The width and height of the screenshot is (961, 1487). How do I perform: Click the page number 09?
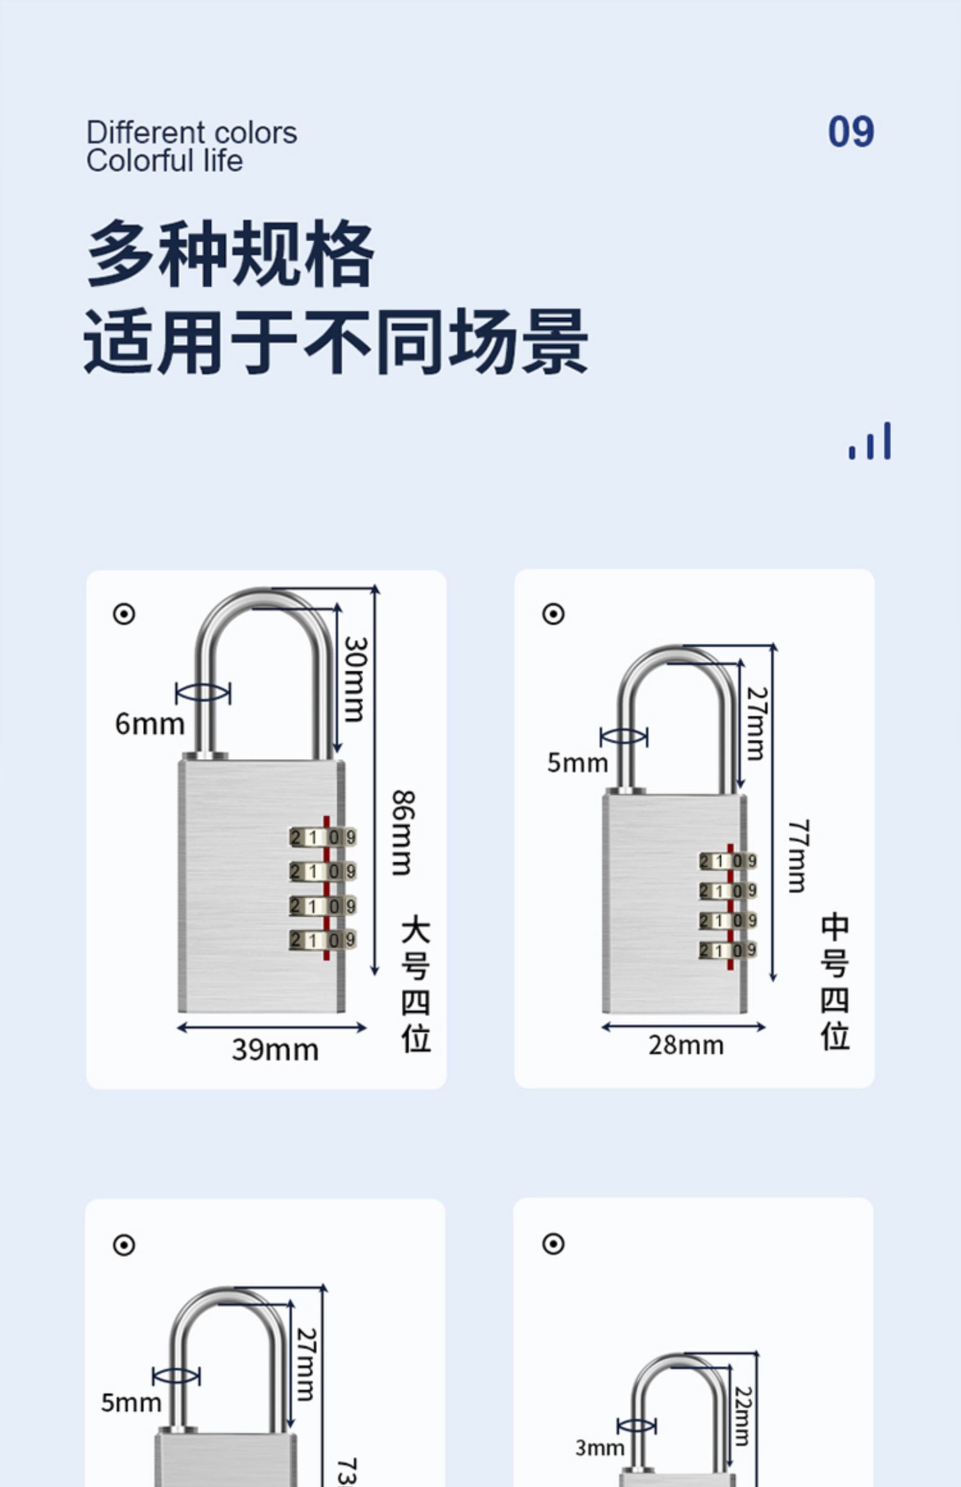(850, 132)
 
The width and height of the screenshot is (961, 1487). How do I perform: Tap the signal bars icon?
(869, 441)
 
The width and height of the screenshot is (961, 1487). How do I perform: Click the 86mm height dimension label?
(403, 833)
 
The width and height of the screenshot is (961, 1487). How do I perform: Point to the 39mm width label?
(275, 1050)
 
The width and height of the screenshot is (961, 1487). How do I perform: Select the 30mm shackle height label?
(356, 679)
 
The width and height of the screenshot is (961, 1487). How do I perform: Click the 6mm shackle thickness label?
(149, 724)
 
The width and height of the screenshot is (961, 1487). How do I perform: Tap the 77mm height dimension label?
(798, 856)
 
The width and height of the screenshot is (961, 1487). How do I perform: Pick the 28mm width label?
(686, 1045)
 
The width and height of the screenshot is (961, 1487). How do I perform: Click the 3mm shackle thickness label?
(599, 1447)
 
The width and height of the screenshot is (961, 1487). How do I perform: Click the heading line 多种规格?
(230, 254)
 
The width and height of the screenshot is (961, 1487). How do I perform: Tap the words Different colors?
(192, 133)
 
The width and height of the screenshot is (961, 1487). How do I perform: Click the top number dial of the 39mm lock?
(322, 837)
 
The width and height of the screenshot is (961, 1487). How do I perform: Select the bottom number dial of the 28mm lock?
(728, 950)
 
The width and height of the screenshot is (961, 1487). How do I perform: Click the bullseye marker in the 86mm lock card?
(124, 614)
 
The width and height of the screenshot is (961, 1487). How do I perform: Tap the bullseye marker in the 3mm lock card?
(553, 1244)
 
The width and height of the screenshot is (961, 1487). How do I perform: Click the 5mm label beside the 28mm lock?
(577, 763)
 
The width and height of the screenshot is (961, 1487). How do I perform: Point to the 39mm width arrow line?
(272, 1028)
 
